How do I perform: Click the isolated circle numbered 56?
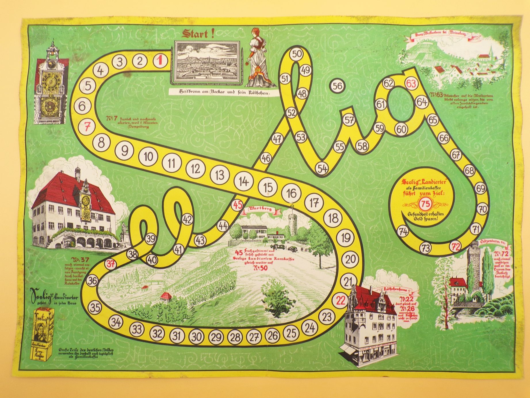click(338, 86)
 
